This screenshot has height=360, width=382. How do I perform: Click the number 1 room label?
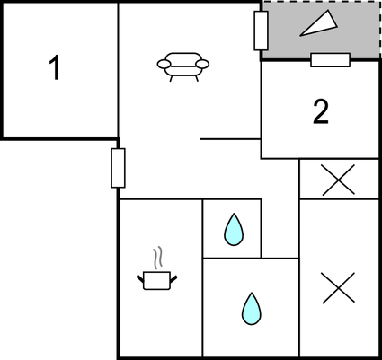tap(55, 68)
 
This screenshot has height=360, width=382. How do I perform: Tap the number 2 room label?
tap(321, 111)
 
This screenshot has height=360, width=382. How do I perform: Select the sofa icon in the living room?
tap(183, 66)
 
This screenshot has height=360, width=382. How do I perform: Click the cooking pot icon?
tap(157, 280)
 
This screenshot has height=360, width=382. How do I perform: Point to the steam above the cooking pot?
tap(158, 257)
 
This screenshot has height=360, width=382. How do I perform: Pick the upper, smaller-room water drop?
tap(234, 230)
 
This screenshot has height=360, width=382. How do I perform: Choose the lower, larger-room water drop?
tap(252, 309)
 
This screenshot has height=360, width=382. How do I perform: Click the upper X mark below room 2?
tap(339, 180)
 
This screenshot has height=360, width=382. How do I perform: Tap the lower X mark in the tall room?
tap(339, 288)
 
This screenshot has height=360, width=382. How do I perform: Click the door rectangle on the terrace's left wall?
tap(261, 31)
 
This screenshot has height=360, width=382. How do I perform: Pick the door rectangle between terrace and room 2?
tap(330, 60)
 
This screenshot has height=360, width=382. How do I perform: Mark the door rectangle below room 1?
tap(118, 168)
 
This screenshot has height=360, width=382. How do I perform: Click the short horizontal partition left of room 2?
tap(230, 139)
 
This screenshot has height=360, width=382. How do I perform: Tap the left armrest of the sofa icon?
tap(164, 64)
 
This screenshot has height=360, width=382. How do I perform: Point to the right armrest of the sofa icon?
tap(202, 64)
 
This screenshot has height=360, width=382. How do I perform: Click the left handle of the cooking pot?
tap(140, 279)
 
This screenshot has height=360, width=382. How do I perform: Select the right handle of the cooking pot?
tap(173, 279)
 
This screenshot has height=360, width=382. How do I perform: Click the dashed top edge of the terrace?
tap(321, 1)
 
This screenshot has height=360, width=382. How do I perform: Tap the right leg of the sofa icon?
tap(197, 78)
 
